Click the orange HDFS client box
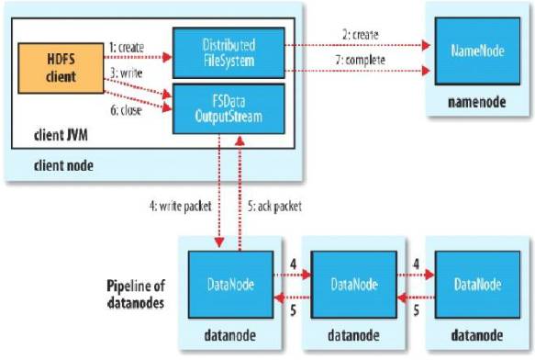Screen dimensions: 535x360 coord(61,68)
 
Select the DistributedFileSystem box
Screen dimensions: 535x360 coord(228,53)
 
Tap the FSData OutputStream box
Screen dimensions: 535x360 coord(228,108)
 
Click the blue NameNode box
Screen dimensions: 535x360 coord(477,51)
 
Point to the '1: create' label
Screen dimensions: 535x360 coord(127,47)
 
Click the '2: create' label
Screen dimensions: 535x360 coord(361,35)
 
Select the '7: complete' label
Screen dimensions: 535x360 coord(361,60)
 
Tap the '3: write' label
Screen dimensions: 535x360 coord(127,73)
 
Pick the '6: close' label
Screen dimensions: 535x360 coord(126,110)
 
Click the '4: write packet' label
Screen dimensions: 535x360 coord(181,207)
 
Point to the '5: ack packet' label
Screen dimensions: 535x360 coord(274,207)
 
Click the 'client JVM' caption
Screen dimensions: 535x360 coord(61,135)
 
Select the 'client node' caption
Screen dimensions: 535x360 coord(63,166)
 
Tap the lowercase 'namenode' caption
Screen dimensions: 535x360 coord(476,102)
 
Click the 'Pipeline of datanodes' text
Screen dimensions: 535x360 coord(136,295)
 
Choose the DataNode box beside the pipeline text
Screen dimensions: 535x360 coord(230,285)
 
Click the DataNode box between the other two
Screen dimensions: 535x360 coord(354,285)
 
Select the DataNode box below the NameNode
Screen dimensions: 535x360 coord(477,285)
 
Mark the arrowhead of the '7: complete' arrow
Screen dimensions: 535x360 coord(426,71)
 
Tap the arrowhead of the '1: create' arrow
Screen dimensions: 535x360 coord(167,57)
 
